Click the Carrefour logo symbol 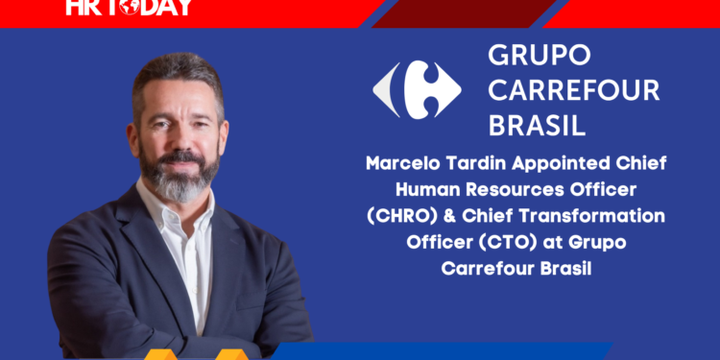[417, 89]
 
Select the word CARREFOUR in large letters [574, 90]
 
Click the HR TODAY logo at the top [130, 8]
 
